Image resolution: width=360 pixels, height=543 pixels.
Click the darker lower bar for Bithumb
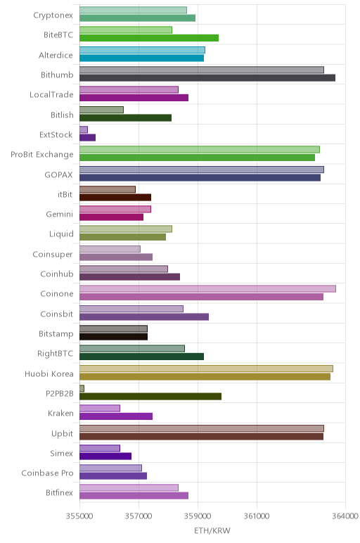207,77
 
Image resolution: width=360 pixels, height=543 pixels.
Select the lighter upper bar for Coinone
207,288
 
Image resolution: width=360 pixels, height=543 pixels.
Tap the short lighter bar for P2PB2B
82,388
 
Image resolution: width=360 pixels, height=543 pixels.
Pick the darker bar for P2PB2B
150,397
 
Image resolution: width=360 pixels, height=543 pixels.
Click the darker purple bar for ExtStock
88,137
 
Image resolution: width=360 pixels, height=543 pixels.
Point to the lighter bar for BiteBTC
126,30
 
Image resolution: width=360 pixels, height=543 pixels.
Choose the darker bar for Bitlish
126,117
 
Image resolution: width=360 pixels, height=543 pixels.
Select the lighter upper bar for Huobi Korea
206,369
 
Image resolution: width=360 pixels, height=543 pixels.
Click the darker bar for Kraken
116,416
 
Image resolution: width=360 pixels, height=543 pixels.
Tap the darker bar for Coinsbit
144,317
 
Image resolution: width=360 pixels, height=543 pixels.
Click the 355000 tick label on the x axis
79,516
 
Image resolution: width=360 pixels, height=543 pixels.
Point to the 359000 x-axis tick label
198,516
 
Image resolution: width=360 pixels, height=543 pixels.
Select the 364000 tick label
345,516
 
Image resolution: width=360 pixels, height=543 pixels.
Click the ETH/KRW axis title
212,530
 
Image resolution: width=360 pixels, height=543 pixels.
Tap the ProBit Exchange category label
42,155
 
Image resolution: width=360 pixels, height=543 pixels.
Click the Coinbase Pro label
47,473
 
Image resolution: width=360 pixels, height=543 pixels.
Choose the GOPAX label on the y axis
58,174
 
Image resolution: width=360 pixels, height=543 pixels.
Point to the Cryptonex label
53,15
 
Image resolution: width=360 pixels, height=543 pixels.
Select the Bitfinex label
59,493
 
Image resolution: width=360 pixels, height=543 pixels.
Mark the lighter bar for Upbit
202,428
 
